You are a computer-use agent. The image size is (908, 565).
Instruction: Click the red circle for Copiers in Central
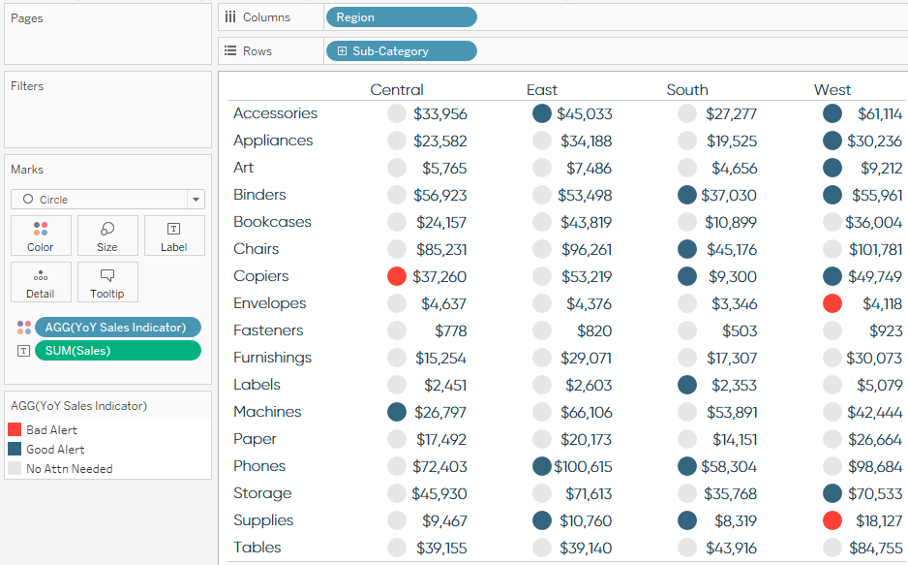397,276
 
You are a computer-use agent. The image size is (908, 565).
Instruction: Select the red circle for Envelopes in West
832,303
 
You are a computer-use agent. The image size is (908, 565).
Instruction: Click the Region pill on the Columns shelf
401,17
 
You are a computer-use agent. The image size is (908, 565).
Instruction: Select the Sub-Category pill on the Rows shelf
401,51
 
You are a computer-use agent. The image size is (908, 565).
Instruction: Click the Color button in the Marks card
41,235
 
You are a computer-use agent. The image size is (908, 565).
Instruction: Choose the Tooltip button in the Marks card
106,282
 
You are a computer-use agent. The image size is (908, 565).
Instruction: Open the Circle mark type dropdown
107,200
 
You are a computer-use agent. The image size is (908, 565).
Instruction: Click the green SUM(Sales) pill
117,351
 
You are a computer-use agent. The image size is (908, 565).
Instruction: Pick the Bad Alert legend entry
50,430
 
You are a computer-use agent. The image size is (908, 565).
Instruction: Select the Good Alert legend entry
54,450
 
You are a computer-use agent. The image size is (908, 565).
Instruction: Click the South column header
687,90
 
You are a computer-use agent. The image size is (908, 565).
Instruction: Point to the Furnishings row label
272,358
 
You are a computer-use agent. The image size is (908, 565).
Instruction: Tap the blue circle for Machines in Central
397,412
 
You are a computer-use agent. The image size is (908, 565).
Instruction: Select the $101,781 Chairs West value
874,249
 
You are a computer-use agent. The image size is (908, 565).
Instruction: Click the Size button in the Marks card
106,235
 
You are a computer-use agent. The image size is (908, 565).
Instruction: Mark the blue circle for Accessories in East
542,113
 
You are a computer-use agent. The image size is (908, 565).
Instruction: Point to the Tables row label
257,548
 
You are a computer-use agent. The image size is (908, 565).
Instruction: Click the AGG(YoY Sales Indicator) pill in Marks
117,328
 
